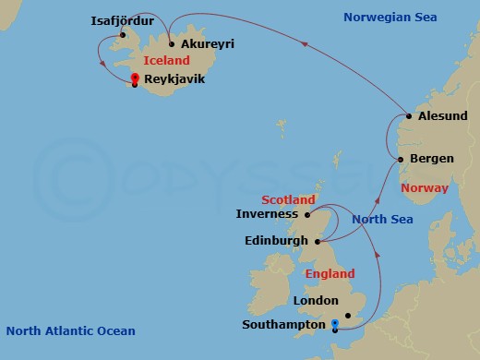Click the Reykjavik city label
click(x=175, y=80)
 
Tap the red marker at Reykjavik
click(x=135, y=78)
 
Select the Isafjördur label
click(x=124, y=19)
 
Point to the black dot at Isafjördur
click(x=123, y=35)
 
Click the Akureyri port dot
click(x=172, y=42)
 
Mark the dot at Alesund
click(x=409, y=116)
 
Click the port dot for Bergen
click(x=400, y=160)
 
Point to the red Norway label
click(x=424, y=188)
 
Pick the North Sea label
click(x=382, y=219)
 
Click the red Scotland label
click(x=288, y=199)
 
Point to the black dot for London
click(x=347, y=315)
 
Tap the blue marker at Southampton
click(x=334, y=322)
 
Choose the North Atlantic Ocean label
click(x=70, y=331)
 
